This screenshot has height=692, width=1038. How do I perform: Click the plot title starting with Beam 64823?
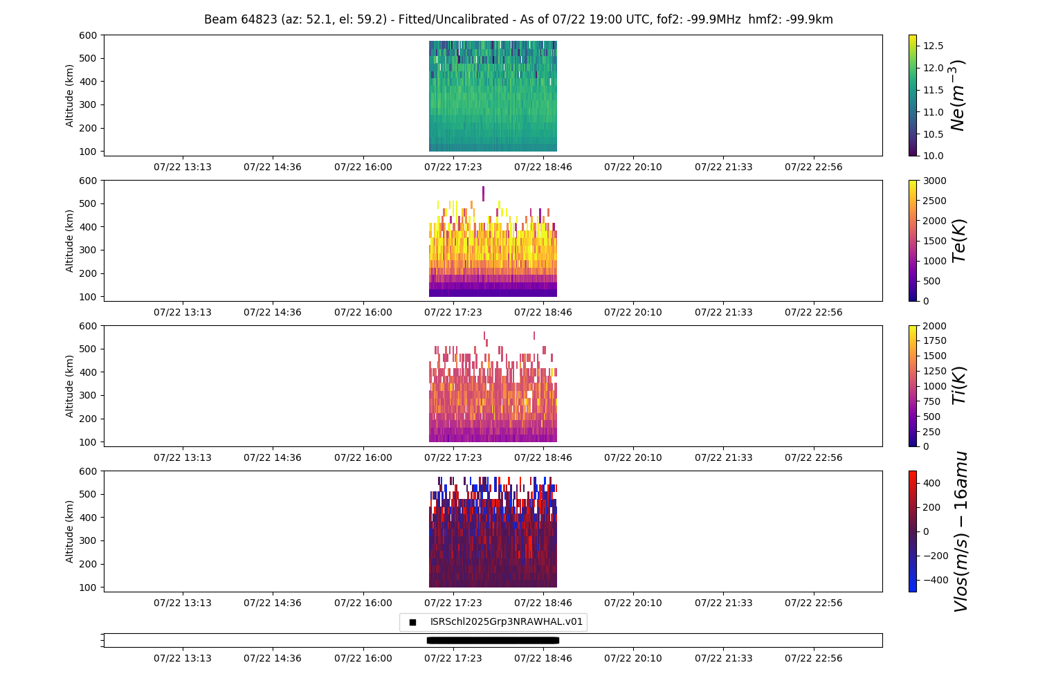click(x=518, y=19)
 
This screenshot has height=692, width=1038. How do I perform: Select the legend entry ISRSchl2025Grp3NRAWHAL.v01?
click(x=507, y=622)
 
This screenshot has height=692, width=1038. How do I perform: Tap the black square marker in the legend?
click(x=412, y=622)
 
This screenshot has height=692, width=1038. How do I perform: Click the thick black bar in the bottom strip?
click(x=493, y=640)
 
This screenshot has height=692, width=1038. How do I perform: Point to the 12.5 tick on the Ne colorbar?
click(x=933, y=46)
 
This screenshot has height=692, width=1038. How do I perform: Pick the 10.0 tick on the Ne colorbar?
click(x=933, y=156)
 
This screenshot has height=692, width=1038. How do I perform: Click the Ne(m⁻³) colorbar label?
click(x=958, y=95)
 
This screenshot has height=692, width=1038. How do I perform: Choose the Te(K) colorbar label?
click(x=959, y=241)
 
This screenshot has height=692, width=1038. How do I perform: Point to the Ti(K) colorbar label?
click(x=959, y=386)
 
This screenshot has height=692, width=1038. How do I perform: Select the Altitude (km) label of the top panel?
click(x=70, y=95)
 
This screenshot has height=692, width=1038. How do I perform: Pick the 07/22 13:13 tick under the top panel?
click(x=183, y=167)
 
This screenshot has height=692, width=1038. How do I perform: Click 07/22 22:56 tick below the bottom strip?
click(x=814, y=658)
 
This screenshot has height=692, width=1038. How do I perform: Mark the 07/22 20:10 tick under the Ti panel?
click(x=633, y=457)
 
